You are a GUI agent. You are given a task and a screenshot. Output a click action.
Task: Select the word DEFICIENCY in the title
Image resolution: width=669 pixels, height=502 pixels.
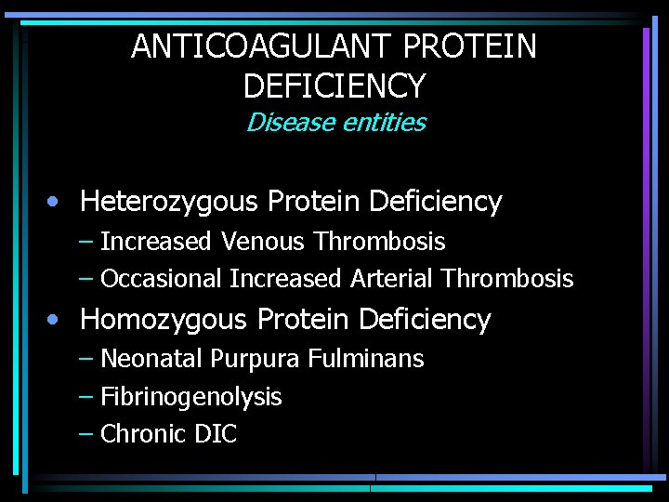[x=334, y=86]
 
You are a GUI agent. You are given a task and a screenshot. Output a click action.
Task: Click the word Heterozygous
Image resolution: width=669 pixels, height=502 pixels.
[x=169, y=202]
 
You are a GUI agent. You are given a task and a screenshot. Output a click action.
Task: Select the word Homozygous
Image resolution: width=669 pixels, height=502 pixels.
[x=164, y=320]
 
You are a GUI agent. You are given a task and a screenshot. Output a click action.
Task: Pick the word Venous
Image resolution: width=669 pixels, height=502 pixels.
[x=262, y=242]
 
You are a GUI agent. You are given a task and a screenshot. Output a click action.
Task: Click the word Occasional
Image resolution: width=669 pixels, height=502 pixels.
[x=161, y=279]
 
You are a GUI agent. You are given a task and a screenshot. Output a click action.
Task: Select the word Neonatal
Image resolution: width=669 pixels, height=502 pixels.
[x=151, y=359]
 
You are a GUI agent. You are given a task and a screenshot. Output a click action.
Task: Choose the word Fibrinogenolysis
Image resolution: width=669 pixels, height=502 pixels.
[x=190, y=397]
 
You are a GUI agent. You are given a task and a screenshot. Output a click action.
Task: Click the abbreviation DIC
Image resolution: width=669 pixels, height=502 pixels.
[x=216, y=434]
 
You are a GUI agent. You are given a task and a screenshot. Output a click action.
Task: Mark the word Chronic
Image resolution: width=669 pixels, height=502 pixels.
[x=143, y=434]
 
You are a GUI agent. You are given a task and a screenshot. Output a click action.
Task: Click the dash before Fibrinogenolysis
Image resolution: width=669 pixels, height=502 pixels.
[x=85, y=397]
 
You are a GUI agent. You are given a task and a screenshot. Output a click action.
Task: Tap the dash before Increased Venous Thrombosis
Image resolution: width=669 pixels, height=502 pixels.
[x=85, y=242]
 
